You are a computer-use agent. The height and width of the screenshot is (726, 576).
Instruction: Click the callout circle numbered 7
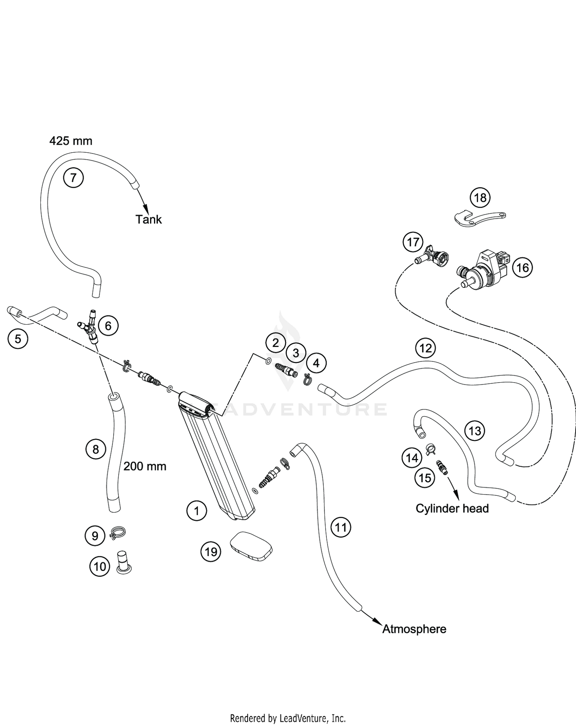point(73,178)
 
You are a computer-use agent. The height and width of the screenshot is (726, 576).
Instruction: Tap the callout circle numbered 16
point(523,267)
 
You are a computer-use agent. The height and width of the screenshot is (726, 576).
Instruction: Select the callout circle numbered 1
point(197,511)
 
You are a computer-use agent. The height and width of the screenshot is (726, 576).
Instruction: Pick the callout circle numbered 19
point(211,552)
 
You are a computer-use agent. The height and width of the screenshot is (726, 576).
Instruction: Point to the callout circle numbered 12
point(425,348)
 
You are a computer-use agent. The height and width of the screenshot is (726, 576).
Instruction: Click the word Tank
point(149,219)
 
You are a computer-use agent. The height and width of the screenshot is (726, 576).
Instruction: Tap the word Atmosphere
point(414,629)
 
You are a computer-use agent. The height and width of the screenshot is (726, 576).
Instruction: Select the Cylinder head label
point(452,508)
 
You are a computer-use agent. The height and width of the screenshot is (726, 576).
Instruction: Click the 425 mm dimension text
point(71,141)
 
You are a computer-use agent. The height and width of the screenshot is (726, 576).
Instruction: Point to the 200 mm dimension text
point(145,466)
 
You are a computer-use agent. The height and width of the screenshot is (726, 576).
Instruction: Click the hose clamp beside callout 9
point(118,533)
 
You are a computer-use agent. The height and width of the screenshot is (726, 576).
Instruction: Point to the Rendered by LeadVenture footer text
point(288,718)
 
